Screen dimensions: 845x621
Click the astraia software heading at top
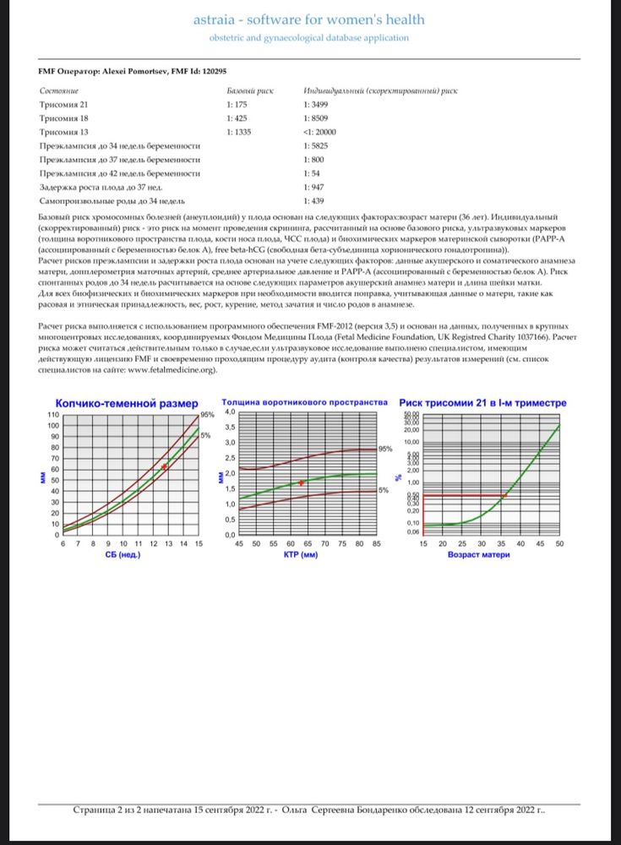[319, 19]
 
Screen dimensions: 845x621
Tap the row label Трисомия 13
[64, 134]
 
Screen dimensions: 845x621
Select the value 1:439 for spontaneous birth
[313, 201]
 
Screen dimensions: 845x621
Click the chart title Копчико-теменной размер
[126, 403]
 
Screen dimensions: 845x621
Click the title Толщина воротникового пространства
[304, 402]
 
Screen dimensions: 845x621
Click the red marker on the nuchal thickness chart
[302, 482]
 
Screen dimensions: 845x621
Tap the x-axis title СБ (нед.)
[123, 555]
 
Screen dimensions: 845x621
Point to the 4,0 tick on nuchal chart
[227, 412]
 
